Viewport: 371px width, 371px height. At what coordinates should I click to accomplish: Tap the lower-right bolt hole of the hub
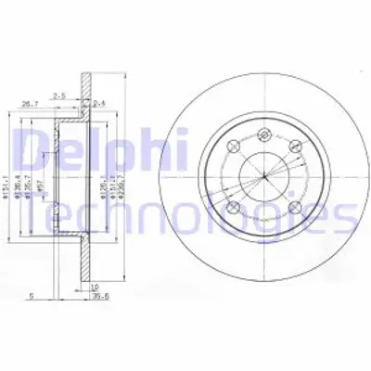[x=277, y=205]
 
